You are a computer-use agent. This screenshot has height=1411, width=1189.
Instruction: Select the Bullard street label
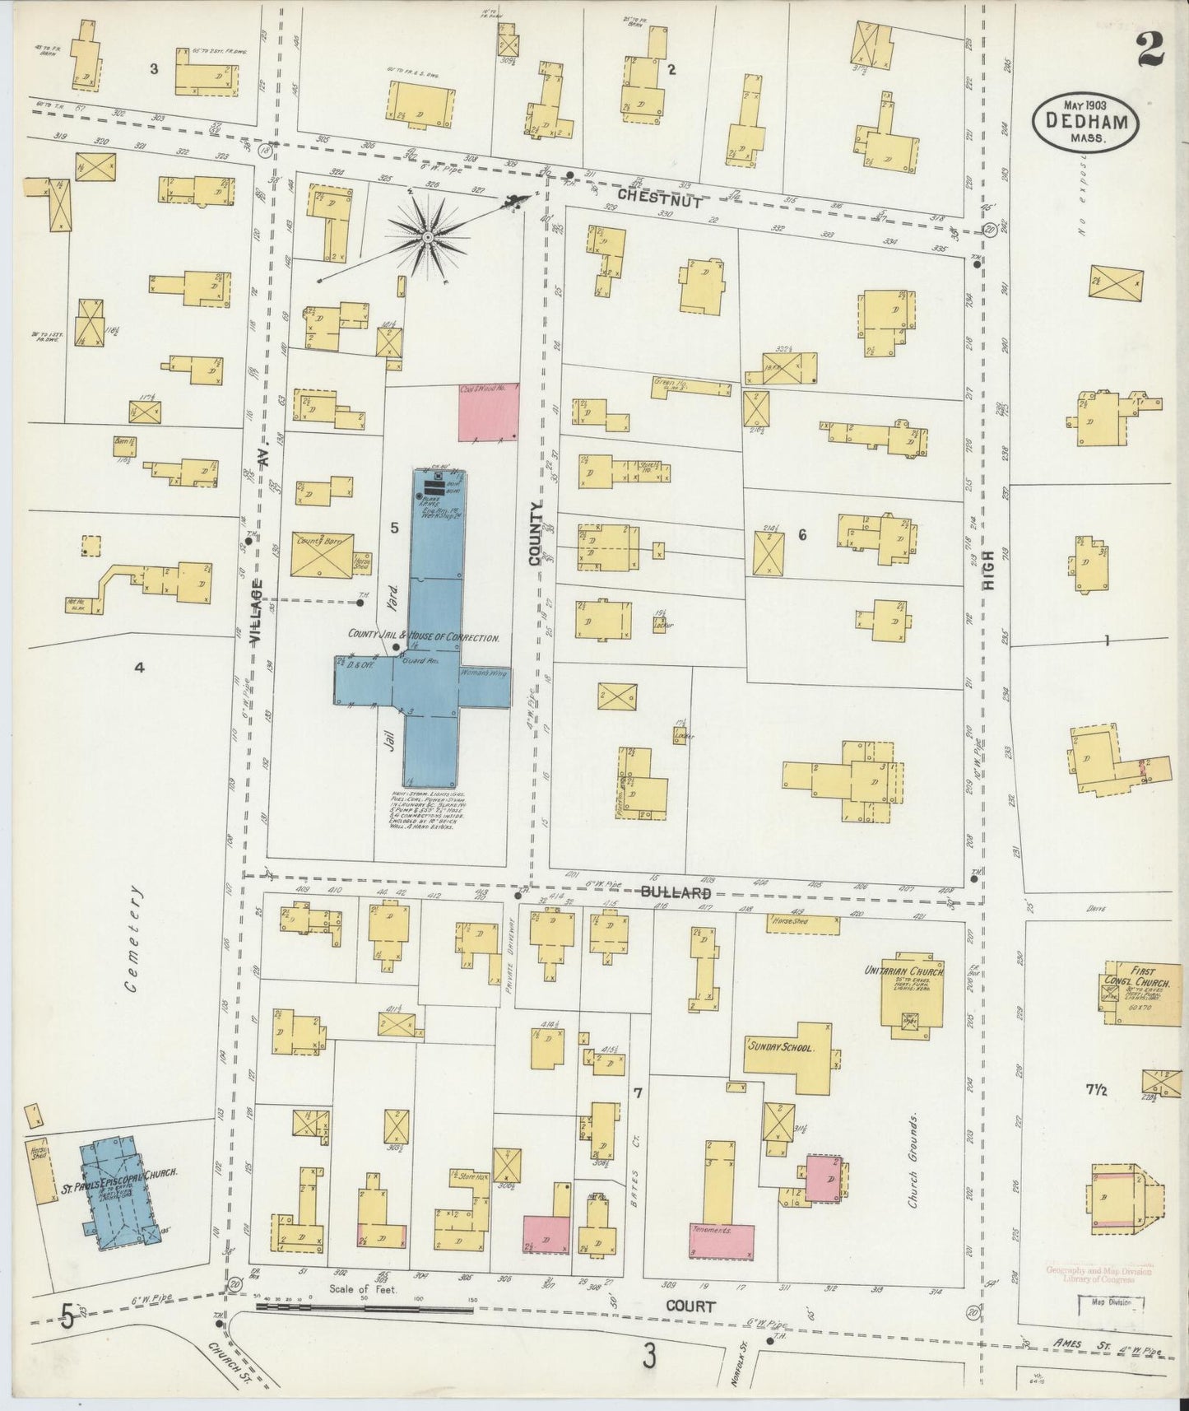(x=676, y=892)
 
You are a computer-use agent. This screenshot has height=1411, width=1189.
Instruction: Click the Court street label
(x=690, y=1306)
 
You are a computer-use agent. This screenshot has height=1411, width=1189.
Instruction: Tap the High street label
(x=987, y=568)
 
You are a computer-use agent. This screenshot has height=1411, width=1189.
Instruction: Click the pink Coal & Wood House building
(x=489, y=411)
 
